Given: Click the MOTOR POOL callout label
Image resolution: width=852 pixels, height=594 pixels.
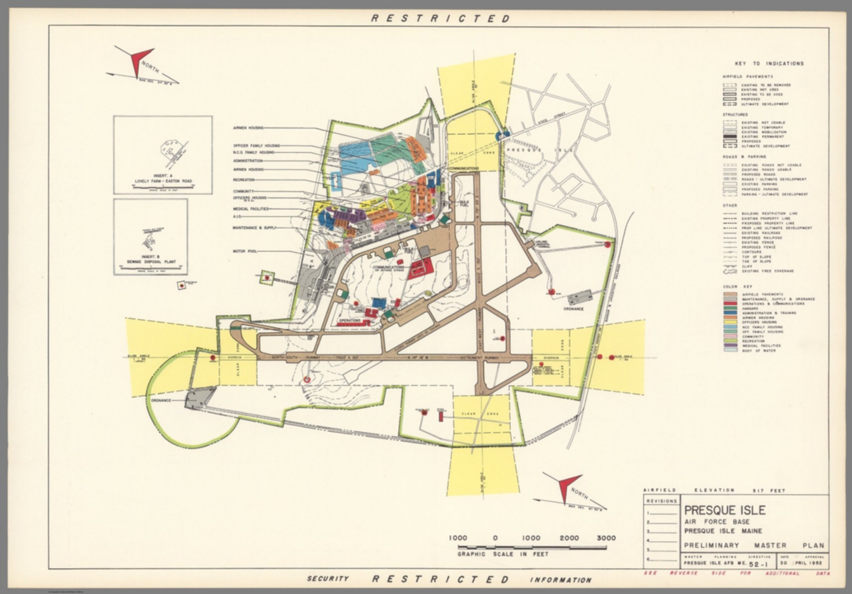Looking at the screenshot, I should [245, 251].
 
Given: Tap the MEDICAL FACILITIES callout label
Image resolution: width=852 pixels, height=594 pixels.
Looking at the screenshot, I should [251, 209].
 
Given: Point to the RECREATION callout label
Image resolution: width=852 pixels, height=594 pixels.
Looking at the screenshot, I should [244, 180].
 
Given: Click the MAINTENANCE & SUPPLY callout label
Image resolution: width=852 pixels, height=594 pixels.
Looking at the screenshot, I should [255, 228].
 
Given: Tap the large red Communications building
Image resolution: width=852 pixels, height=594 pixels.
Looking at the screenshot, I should [420, 268].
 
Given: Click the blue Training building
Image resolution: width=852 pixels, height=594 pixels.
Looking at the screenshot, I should [378, 305].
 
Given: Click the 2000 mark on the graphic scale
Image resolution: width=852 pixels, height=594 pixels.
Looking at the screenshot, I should [569, 538].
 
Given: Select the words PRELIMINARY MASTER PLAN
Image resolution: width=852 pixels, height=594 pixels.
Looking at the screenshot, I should [754, 545].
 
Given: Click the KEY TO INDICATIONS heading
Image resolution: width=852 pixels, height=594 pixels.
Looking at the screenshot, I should [769, 64].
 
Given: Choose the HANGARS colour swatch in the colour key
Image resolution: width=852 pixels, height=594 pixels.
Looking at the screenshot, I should [730, 308].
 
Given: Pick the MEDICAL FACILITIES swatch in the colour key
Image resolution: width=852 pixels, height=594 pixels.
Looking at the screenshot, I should [730, 345].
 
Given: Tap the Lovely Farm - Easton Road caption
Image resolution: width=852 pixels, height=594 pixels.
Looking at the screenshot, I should [163, 181].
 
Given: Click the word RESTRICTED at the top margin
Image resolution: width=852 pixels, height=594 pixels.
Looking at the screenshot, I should [440, 18].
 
